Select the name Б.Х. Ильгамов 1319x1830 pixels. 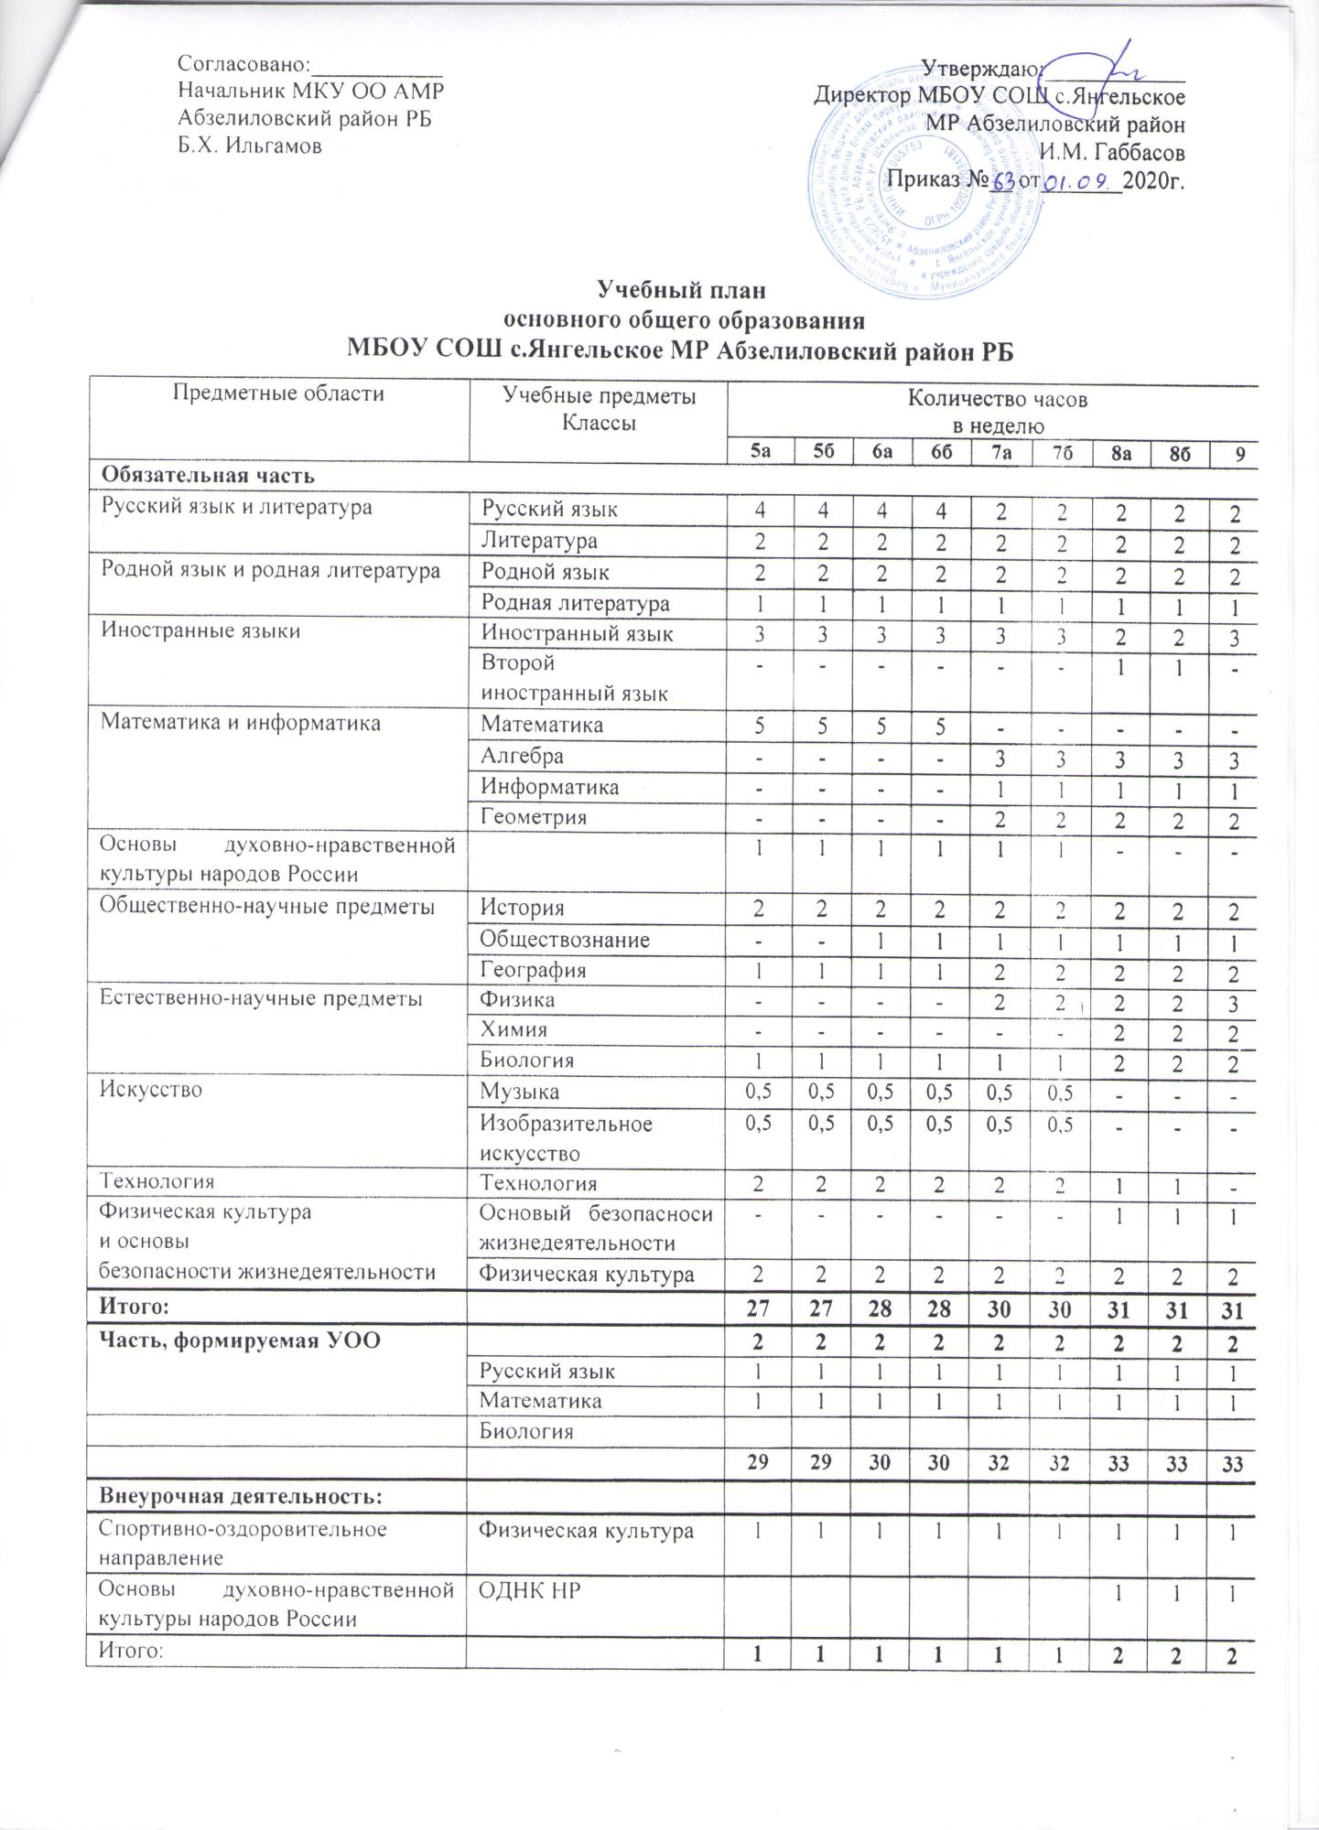coord(249,145)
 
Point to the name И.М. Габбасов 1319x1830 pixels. coord(1112,151)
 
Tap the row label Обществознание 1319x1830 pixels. coord(566,939)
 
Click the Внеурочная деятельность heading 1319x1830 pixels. coord(241,1496)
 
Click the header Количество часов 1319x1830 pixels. coord(997,399)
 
